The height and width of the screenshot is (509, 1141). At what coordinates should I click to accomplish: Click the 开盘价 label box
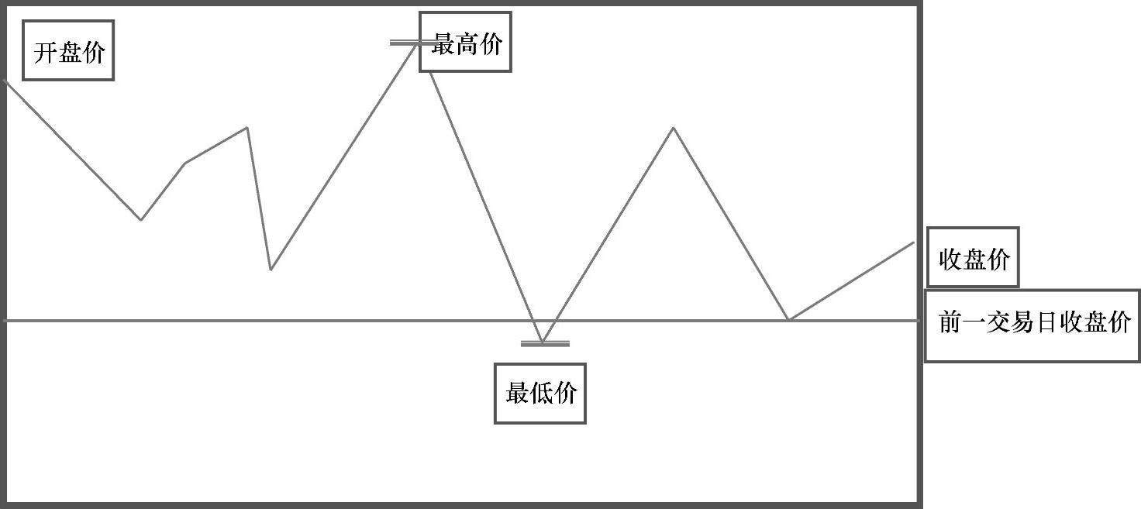pyautogui.click(x=68, y=50)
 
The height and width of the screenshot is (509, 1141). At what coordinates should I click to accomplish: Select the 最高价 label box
pyautogui.click(x=465, y=43)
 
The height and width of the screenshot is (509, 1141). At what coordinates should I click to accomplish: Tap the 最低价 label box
pyautogui.click(x=540, y=394)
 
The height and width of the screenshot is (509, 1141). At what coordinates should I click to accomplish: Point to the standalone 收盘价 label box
pyautogui.click(x=973, y=258)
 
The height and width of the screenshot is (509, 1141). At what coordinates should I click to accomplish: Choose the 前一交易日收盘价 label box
pyautogui.click(x=1033, y=325)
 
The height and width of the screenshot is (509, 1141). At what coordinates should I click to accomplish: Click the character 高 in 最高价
pyautogui.click(x=467, y=45)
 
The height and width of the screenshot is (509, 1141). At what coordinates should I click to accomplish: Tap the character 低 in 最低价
pyautogui.click(x=541, y=394)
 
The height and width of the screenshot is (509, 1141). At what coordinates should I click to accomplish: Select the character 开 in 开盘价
pyautogui.click(x=45, y=53)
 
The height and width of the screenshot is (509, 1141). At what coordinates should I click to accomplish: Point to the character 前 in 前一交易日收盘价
pyautogui.click(x=951, y=322)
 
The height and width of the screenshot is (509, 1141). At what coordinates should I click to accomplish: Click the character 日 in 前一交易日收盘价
pyautogui.click(x=1046, y=322)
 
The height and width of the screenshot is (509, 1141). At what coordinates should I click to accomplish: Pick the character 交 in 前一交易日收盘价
pyautogui.click(x=998, y=322)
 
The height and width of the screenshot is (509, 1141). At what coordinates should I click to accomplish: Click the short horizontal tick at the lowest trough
pyautogui.click(x=545, y=342)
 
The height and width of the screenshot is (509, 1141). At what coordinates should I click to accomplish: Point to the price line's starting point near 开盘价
pyautogui.click(x=6, y=81)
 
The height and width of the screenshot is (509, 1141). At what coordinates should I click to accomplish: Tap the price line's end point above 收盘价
pyautogui.click(x=914, y=242)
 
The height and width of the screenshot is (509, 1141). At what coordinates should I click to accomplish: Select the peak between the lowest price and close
pyautogui.click(x=673, y=128)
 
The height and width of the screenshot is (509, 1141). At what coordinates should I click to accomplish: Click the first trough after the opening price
pyautogui.click(x=140, y=220)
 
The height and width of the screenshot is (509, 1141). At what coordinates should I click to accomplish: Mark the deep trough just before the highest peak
pyautogui.click(x=271, y=269)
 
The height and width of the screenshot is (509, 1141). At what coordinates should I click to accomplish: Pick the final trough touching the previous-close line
pyautogui.click(x=788, y=319)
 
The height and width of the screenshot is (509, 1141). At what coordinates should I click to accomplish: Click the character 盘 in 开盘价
pyautogui.click(x=69, y=53)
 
